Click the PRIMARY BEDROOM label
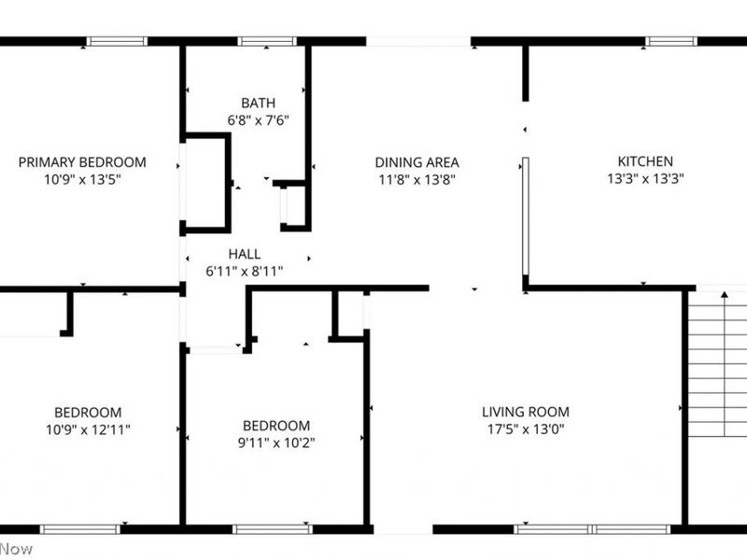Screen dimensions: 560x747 click(82, 161)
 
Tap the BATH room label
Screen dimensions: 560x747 click(258, 103)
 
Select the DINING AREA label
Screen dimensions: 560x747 click(416, 161)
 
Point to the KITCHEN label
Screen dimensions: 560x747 click(644, 161)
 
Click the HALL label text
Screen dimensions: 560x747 click(245, 254)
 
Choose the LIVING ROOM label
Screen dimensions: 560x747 click(525, 412)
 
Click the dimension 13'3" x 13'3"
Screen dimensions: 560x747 click(644, 178)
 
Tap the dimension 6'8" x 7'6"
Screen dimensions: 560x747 click(258, 119)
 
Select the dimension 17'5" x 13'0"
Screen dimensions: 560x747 click(525, 429)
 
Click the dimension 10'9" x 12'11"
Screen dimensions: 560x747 click(88, 429)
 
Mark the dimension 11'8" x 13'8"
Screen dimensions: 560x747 click(416, 178)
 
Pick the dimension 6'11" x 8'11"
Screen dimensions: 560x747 click(245, 271)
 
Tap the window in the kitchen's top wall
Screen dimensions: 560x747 click(671, 41)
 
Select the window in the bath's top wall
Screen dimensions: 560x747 click(267, 41)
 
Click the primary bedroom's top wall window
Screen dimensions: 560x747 click(117, 41)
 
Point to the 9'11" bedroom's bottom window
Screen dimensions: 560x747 click(272, 529)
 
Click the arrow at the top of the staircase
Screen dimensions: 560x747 click(724, 296)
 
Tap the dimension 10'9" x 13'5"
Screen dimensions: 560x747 click(82, 178)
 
